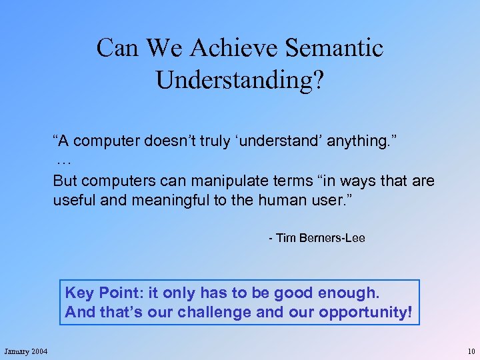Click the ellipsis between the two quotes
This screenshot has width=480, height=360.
(64, 162)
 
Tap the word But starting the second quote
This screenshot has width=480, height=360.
(65, 181)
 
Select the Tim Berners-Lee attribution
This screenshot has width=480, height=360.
(317, 238)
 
